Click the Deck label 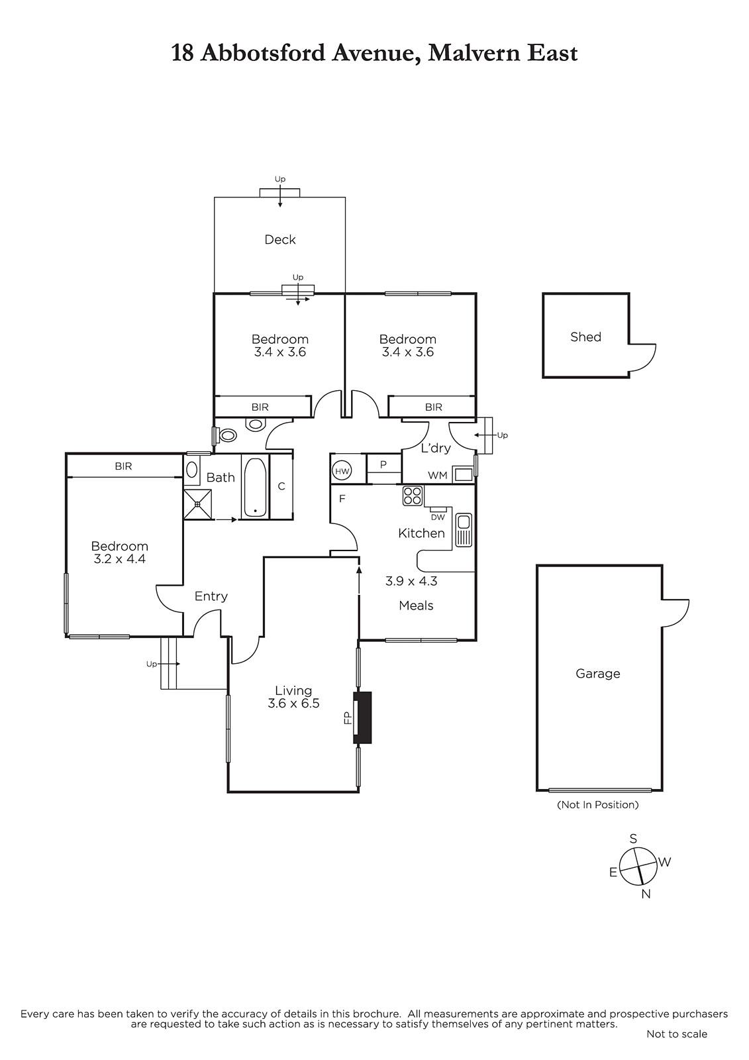pyautogui.click(x=279, y=239)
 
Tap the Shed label pyautogui.click(x=585, y=337)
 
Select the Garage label pyautogui.click(x=597, y=674)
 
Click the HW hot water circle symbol pyautogui.click(x=342, y=471)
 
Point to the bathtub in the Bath pyautogui.click(x=256, y=487)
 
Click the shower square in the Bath pyautogui.click(x=198, y=504)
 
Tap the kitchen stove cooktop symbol pyautogui.click(x=412, y=496)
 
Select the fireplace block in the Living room pyautogui.click(x=362, y=717)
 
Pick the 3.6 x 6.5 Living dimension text pyautogui.click(x=293, y=704)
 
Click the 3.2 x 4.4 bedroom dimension pyautogui.click(x=119, y=559)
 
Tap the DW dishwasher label pyautogui.click(x=438, y=517)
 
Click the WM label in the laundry pyautogui.click(x=437, y=476)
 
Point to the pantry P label pyautogui.click(x=383, y=464)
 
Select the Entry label pyautogui.click(x=211, y=597)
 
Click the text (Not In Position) pyautogui.click(x=597, y=804)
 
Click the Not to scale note pyautogui.click(x=677, y=1034)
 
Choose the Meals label pyautogui.click(x=416, y=606)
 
